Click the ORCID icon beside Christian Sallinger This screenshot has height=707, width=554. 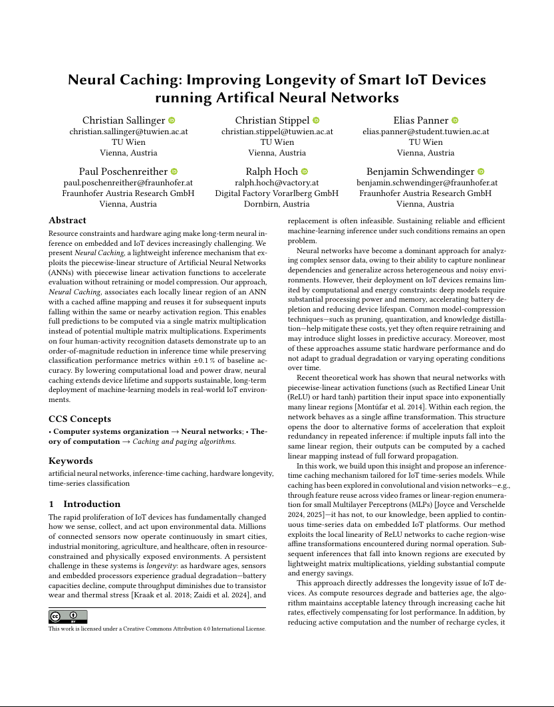coord(172,120)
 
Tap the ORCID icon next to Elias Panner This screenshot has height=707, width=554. coord(455,120)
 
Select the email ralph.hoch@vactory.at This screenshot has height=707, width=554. coord(277,183)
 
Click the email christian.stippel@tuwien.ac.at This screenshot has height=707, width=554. coord(277,132)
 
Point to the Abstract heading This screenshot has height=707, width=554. coord(69,221)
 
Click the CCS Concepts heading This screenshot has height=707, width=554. coord(80,419)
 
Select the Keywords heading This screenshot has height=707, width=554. coord(70,460)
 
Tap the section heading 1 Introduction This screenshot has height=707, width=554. coord(85,504)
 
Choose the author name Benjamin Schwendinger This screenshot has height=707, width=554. coord(421,171)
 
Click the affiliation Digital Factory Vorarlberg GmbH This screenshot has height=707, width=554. coord(277,193)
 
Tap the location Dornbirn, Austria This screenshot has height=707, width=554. coord(277,204)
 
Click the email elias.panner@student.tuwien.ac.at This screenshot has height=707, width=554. coord(426,132)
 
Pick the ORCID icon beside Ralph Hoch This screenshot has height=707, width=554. coord(305,171)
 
